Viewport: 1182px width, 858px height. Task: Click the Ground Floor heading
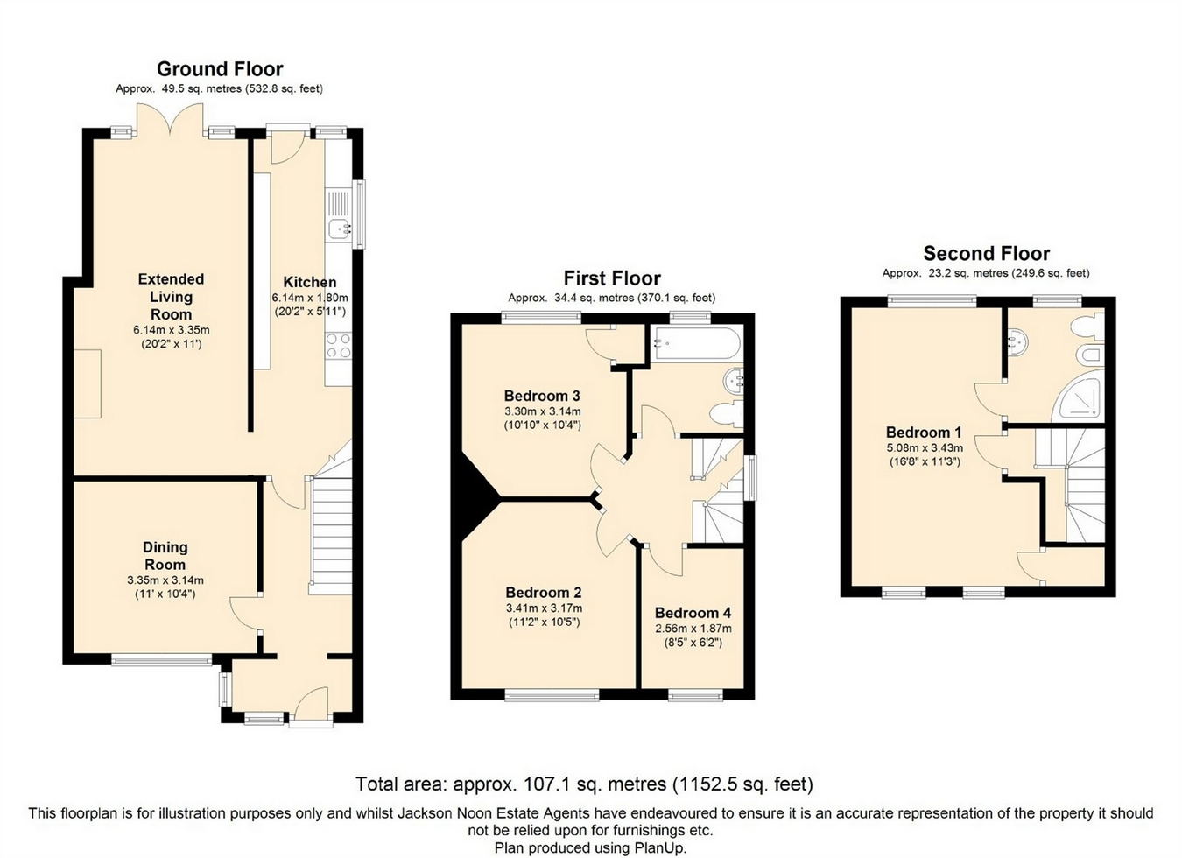[220, 69]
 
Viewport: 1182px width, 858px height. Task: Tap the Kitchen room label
[310, 282]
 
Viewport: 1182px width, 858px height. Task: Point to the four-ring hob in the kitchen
[339, 346]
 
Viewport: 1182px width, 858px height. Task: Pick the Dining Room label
[165, 556]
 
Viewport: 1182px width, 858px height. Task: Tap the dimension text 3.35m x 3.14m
[165, 580]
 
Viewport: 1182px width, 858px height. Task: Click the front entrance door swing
[312, 702]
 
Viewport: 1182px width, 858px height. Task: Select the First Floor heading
[612, 278]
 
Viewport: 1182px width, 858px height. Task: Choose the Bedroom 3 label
[542, 396]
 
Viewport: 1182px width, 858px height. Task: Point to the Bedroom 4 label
[693, 613]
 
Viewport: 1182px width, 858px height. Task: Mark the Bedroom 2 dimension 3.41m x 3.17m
[544, 608]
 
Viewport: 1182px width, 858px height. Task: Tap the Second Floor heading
[986, 253]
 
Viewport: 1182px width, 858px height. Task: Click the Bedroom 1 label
[924, 433]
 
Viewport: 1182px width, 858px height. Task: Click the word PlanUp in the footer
[661, 848]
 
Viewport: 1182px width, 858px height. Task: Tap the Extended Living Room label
[171, 297]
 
